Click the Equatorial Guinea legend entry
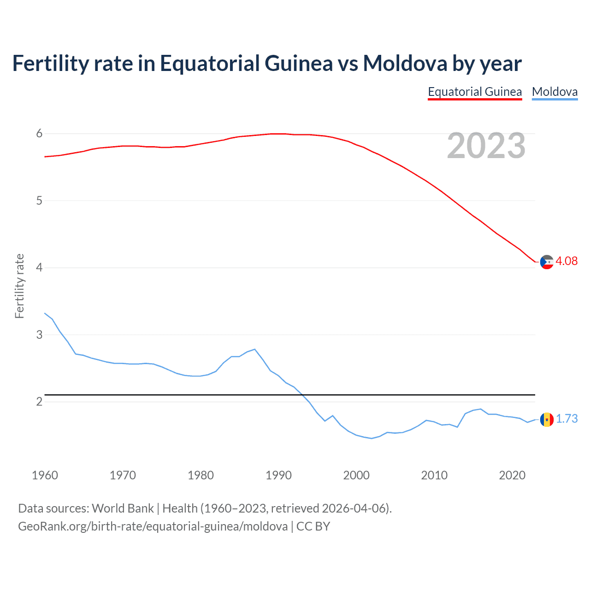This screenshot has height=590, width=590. point(475,92)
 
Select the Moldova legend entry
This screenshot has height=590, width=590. point(555,92)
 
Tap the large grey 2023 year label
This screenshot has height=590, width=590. point(486,146)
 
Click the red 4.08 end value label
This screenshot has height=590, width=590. point(566,261)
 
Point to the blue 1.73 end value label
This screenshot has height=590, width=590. point(566,419)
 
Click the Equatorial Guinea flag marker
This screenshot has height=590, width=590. point(547,262)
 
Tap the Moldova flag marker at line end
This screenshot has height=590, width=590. point(547,419)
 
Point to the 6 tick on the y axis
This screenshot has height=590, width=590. point(39,134)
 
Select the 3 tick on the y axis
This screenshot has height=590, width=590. point(39,335)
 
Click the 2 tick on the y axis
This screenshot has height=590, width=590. point(39,401)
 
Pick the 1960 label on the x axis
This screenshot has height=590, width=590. point(45,475)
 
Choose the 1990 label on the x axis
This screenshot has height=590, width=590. point(278,475)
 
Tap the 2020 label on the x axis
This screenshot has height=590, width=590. point(512,475)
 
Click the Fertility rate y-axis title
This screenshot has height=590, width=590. point(19,286)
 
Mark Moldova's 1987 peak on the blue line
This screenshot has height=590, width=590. point(254,349)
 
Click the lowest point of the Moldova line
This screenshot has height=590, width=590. point(372,438)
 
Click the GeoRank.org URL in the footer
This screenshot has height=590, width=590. point(153,526)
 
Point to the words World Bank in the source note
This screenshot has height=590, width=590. point(123,508)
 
